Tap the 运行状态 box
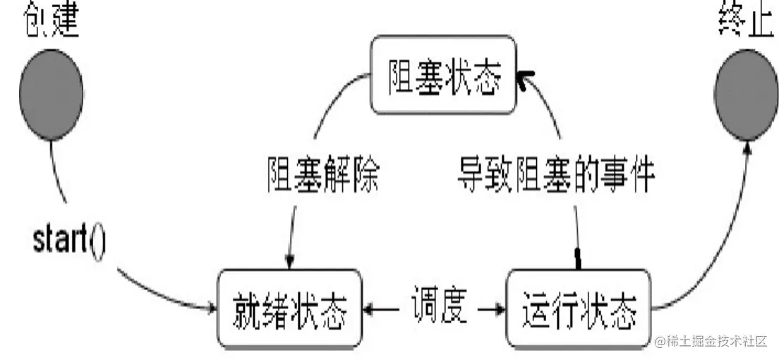coord(579,308)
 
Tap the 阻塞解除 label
coord(324,173)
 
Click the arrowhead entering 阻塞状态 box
coord(522,78)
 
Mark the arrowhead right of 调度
coord(500,308)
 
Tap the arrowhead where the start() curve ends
coord(212,308)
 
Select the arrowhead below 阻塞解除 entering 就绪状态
coord(289,263)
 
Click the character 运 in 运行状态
coord(535,308)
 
